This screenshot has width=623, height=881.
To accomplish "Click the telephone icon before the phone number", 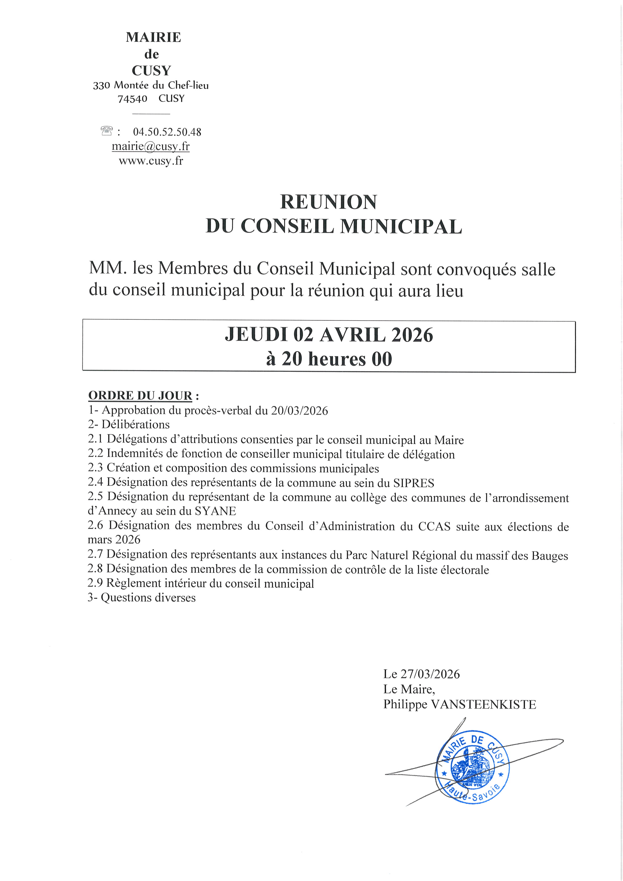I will tap(106, 131).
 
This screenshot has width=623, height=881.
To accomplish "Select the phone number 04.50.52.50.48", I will tap(167, 132).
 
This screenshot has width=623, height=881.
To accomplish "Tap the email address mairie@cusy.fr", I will tap(150, 146).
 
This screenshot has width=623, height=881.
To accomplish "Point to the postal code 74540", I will tap(132, 99).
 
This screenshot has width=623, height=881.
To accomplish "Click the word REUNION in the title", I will tap(328, 202).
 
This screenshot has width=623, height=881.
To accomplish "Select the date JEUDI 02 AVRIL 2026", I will tap(329, 335).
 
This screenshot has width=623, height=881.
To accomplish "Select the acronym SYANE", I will tap(215, 511).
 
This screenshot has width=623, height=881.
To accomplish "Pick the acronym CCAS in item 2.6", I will tap(434, 526).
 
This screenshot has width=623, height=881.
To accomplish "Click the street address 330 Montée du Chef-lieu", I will tap(151, 85).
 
